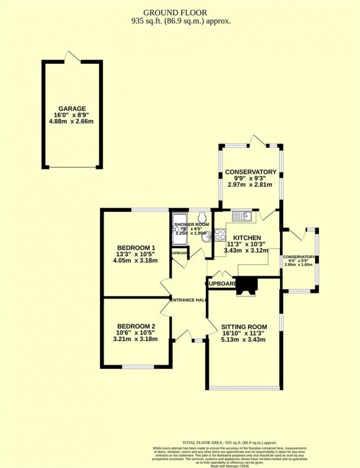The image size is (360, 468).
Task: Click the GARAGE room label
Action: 71,109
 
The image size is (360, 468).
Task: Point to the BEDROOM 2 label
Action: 136,326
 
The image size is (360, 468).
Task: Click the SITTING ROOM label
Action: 244,327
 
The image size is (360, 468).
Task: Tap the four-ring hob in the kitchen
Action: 220,234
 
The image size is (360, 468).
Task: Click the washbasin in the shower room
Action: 205,236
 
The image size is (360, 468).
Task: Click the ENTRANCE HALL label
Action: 188,300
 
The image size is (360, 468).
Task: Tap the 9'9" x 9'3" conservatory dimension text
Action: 250,178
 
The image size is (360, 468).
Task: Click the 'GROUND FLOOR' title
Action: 179,12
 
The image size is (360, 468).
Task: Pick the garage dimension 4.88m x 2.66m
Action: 71,122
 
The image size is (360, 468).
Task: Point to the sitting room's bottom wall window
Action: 245,387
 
